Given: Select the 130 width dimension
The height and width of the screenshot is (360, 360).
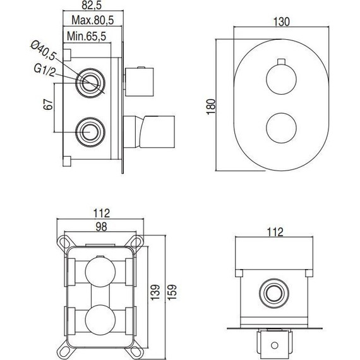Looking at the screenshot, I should (282, 21).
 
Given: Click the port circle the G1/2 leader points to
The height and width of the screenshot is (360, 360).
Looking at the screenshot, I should (88, 82).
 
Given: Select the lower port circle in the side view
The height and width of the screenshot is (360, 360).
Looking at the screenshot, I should (88, 131).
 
